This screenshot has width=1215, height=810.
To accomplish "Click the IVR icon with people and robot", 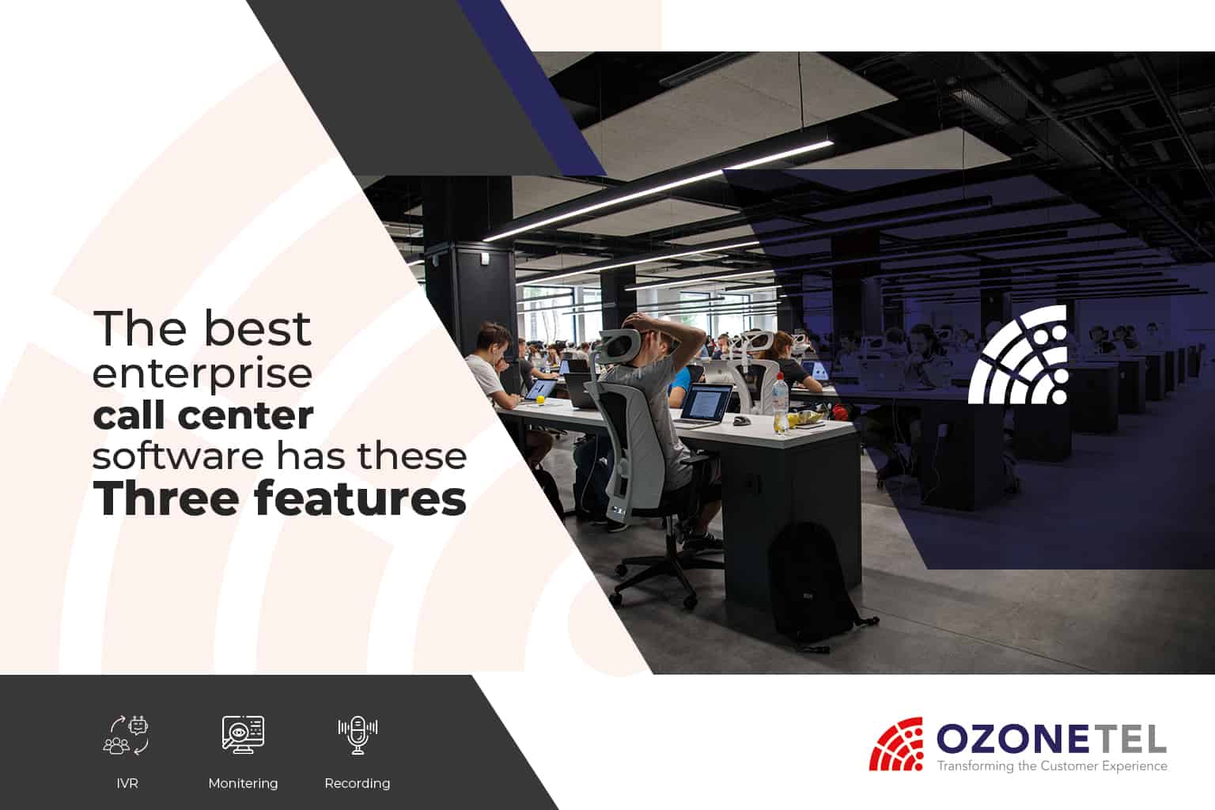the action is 126,736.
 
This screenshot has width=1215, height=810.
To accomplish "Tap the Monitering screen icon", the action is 243,735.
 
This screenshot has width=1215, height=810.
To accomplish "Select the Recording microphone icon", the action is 358,735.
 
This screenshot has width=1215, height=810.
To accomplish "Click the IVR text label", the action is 127,783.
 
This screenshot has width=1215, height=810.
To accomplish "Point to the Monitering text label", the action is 243,783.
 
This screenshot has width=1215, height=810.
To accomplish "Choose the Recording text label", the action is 358,783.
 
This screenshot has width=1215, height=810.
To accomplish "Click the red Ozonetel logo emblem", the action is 896,744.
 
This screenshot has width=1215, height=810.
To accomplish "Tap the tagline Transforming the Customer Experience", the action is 1052,766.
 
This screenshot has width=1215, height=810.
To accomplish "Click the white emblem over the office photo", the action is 1018,355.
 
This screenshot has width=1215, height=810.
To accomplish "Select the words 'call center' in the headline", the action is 203,415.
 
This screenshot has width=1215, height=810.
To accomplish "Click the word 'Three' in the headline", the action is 166,498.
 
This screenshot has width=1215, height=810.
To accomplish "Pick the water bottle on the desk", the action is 781,403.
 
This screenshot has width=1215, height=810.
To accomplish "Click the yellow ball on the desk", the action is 539,399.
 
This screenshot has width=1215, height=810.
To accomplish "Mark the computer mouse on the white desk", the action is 741,420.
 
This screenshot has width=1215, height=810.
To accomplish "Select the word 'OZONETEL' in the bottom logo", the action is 1051,739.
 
